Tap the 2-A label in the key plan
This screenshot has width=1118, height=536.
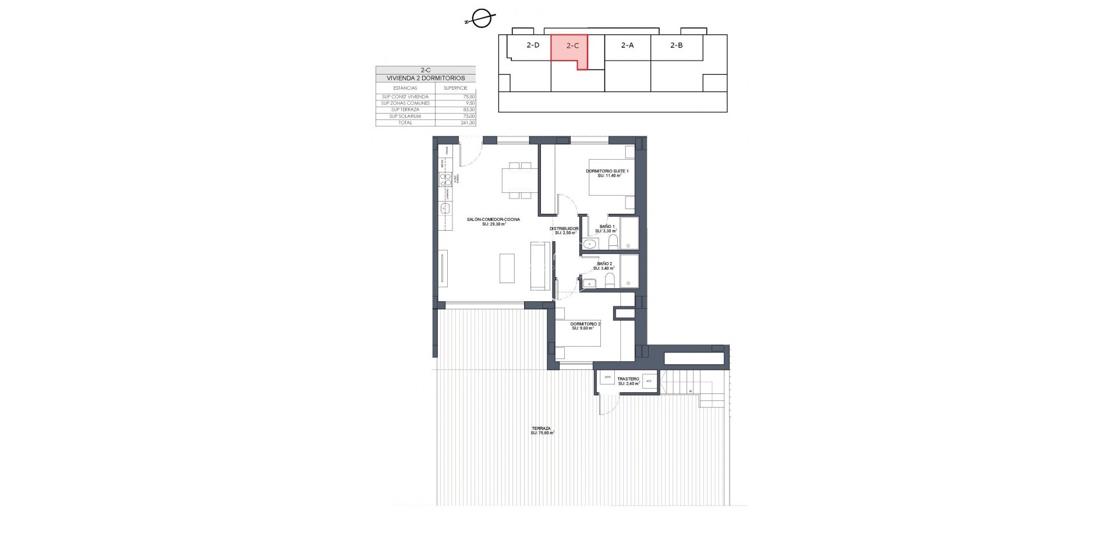coord(627,45)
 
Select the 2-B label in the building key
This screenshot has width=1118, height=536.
coord(676,45)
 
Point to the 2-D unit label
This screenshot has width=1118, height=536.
coord(533,45)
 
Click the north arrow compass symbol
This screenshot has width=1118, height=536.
coord(481,19)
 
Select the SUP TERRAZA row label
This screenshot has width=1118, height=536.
coord(405,110)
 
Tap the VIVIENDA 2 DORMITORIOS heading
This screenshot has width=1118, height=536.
coord(425,78)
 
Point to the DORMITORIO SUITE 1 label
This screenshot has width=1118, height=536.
coord(607,171)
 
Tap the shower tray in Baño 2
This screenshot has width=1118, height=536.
coord(629,271)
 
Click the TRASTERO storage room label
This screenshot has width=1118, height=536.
coord(628,379)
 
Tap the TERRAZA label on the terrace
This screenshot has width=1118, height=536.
coord(541,428)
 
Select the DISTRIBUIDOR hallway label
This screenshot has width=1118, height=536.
coord(564,229)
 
